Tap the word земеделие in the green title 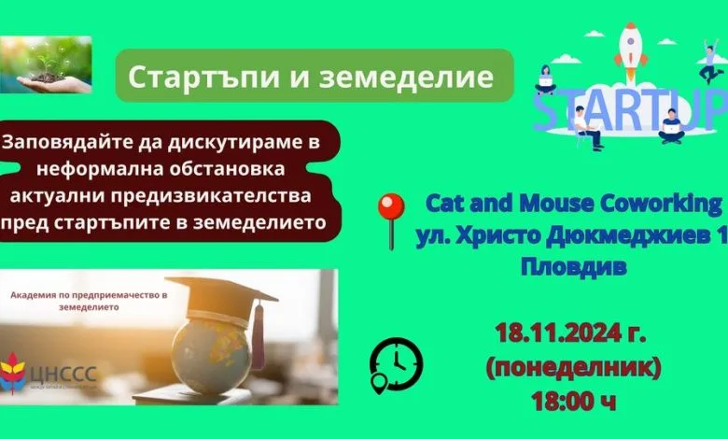coord(406,78)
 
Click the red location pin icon coord(391,220)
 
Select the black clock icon coord(396,365)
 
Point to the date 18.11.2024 coord(557,333)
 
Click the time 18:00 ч coord(573,402)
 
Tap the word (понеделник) coord(573,367)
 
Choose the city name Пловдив coord(573,267)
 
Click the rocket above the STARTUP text coord(630,51)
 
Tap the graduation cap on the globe coord(222,297)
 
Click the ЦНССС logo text coord(63,373)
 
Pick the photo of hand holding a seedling coord(46,64)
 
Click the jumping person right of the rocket coord(709,61)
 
